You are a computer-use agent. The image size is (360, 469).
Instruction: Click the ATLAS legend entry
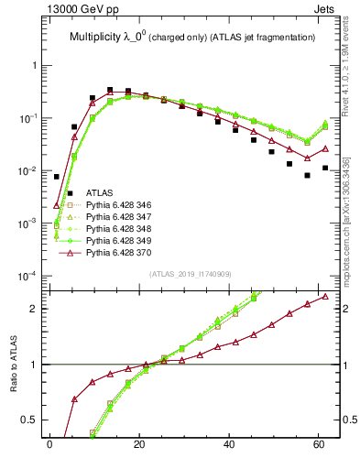tap(100, 193)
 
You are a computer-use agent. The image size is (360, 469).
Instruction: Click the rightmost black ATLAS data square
tap(325, 169)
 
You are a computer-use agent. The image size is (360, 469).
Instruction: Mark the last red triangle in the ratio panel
tap(325, 296)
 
